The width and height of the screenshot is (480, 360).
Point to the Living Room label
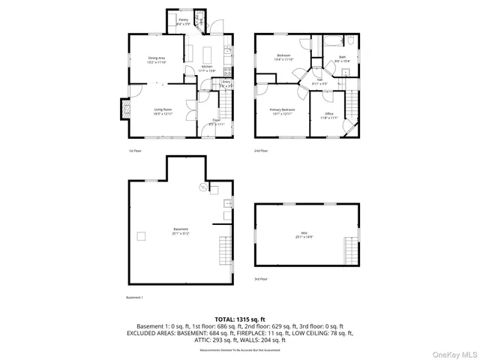(163, 111)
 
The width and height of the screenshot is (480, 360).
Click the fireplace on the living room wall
(121, 110)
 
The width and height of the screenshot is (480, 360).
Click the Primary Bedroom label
(282, 111)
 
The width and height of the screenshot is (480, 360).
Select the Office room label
(329, 115)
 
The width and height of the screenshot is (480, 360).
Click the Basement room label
(180, 230)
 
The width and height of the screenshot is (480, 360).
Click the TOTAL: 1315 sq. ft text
(240, 319)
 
